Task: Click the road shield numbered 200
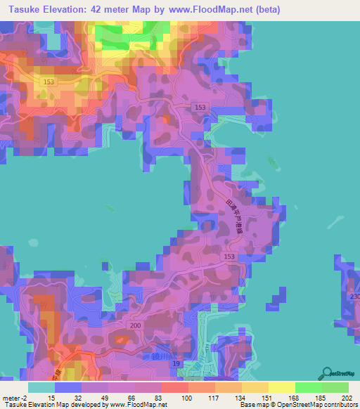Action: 135,327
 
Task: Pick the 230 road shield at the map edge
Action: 354,297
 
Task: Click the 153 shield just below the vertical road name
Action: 229,257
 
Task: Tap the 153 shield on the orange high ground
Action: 48,82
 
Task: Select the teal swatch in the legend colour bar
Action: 41,387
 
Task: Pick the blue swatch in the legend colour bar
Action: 67,387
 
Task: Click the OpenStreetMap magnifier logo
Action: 328,373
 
